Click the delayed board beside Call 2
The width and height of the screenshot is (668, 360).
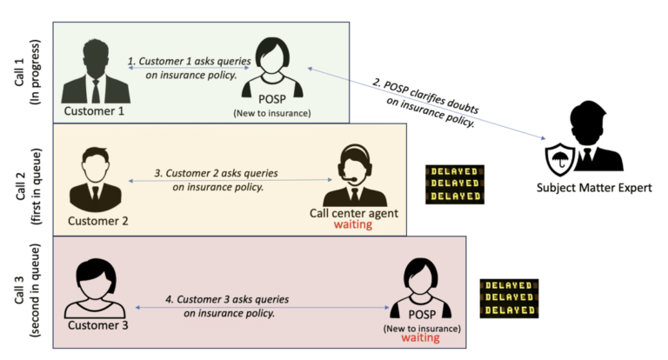(454, 184)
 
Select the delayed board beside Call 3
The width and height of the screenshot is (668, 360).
(509, 298)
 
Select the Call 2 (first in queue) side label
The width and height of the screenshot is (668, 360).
(26, 179)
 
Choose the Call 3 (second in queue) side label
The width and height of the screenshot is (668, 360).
(26, 293)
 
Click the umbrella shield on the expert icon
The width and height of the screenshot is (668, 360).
(558, 157)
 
